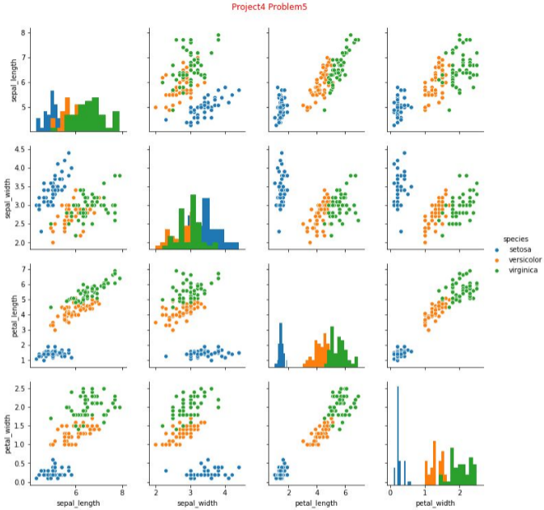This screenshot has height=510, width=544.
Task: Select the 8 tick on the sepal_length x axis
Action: tap(122, 491)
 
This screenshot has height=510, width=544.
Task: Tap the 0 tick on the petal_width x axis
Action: tap(391, 491)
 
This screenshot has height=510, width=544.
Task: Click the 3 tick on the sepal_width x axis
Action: tap(191, 491)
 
